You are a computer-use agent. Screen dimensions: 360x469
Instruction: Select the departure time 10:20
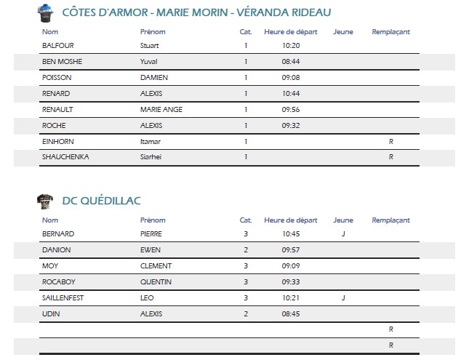point(291,45)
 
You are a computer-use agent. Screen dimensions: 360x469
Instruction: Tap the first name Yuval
point(148,61)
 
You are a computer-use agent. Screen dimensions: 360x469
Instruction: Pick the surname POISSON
point(56,77)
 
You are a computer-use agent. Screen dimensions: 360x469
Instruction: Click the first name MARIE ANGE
point(161,109)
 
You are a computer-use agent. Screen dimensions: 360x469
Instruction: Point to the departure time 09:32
point(291,125)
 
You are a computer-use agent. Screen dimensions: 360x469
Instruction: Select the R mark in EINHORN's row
point(391,141)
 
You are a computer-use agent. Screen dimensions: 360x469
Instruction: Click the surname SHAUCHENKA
point(65,157)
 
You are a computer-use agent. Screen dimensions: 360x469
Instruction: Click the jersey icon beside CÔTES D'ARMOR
point(46,12)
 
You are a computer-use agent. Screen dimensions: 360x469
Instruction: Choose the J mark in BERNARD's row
point(343,234)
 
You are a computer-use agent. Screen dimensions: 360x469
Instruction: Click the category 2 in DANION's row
point(246,250)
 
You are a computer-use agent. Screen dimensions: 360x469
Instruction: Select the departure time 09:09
point(291,266)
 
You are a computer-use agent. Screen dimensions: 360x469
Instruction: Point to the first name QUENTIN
point(156,282)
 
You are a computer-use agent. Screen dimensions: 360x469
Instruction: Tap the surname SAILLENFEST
point(64,298)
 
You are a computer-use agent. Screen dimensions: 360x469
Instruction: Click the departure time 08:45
point(291,314)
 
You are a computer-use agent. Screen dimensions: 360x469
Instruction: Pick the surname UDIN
point(50,314)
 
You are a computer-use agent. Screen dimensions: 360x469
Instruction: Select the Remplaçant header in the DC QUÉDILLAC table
point(390,220)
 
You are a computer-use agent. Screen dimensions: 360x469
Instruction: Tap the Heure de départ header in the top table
point(291,32)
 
